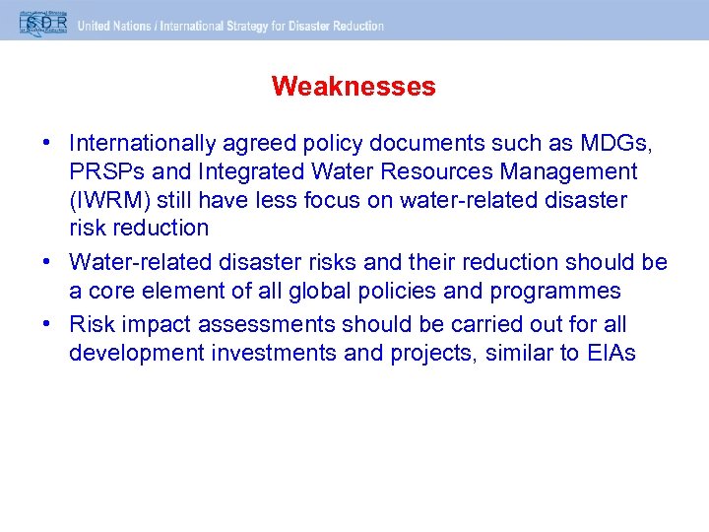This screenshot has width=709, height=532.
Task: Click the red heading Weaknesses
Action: coord(354,87)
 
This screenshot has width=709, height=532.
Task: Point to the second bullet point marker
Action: coord(46,263)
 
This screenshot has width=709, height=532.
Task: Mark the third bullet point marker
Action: coord(46,325)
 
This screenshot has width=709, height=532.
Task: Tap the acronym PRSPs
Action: coord(101,172)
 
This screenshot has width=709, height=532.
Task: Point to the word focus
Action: coord(350,200)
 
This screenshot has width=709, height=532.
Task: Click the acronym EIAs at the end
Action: coord(611,354)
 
